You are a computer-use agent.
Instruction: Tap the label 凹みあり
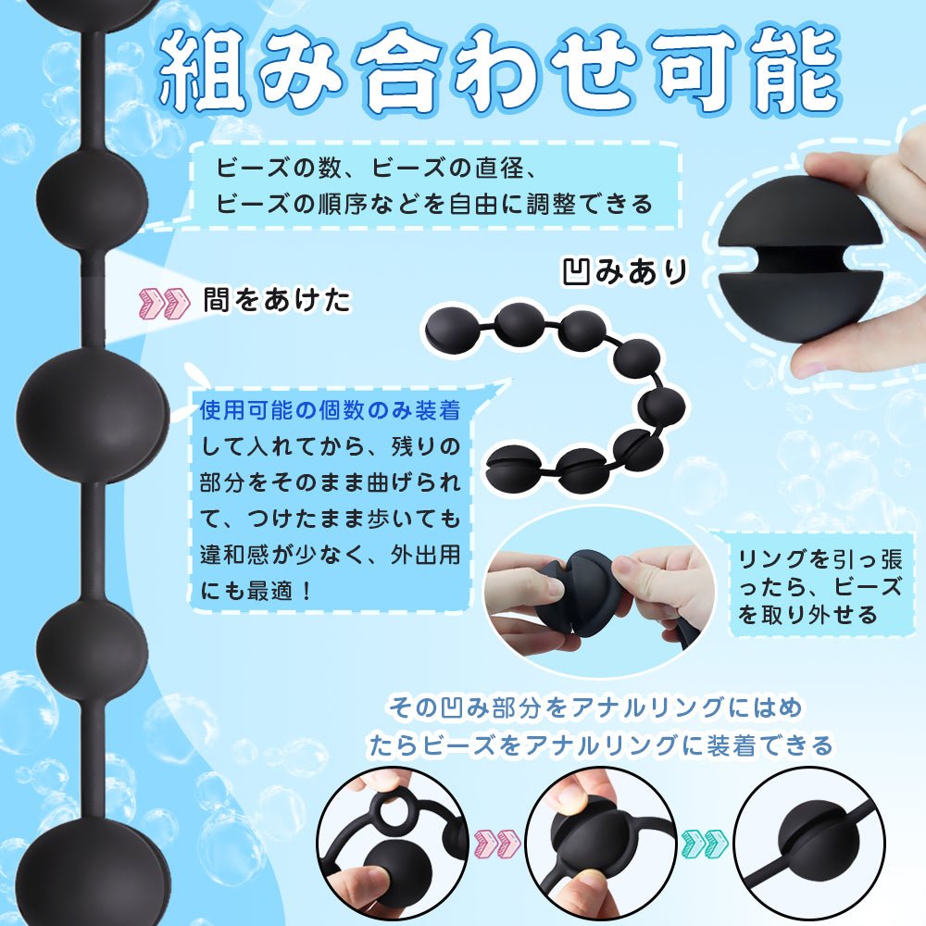point(626,271)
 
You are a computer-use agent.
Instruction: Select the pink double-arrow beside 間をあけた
point(163,301)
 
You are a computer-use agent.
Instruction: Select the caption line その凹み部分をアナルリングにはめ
point(595,708)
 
